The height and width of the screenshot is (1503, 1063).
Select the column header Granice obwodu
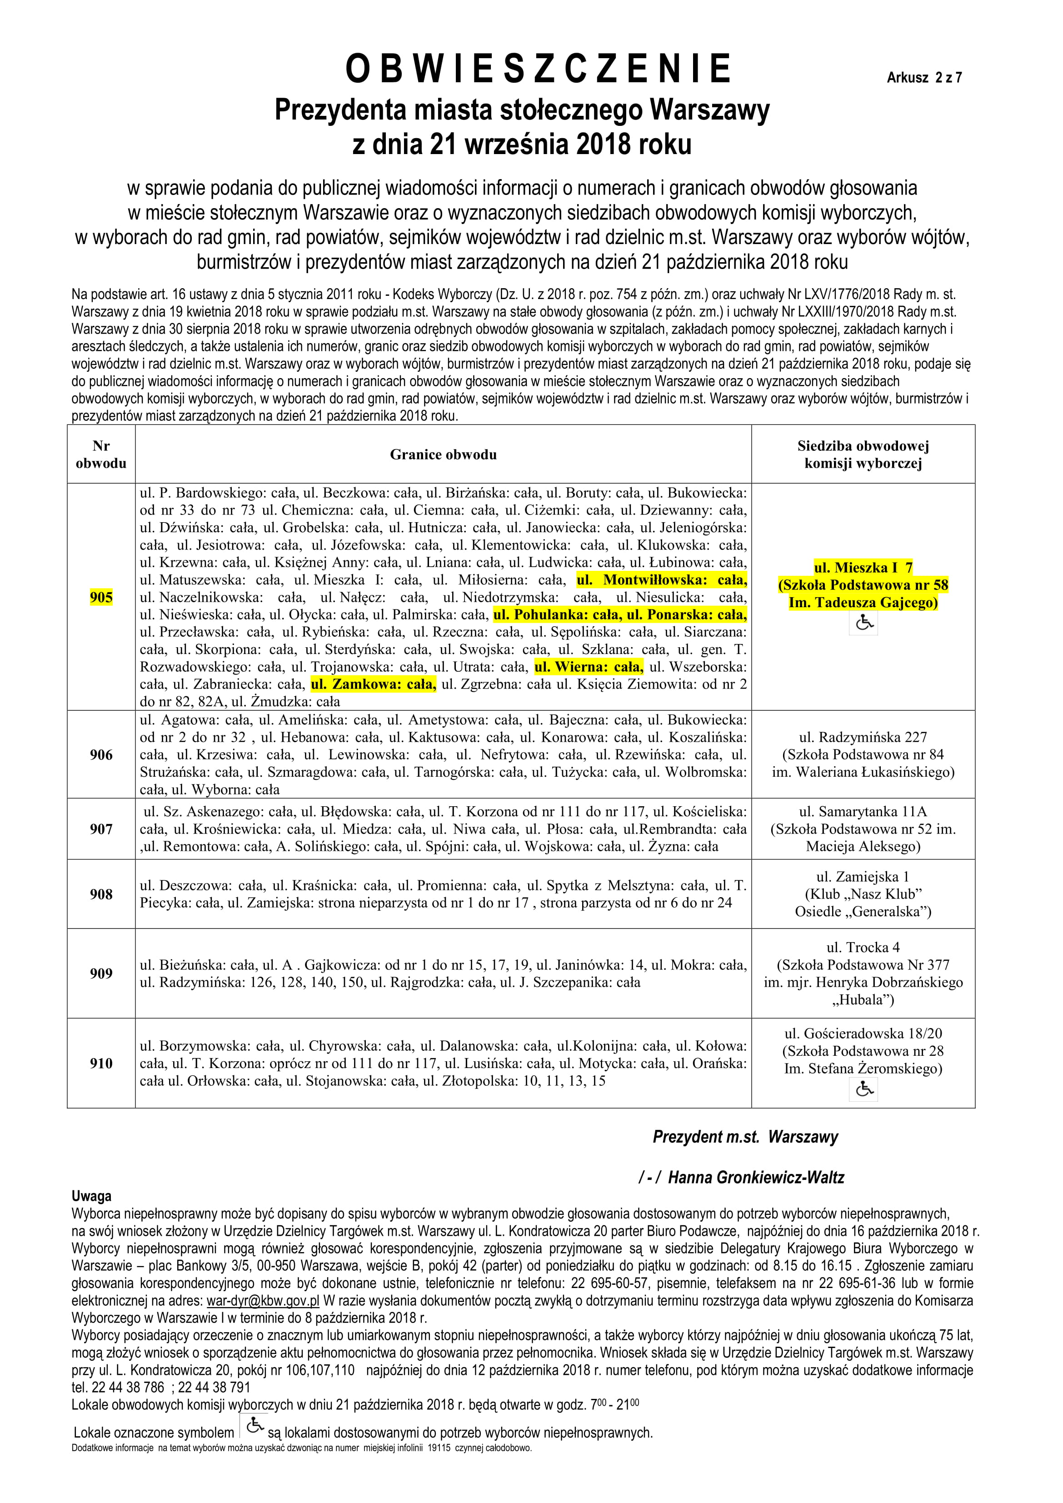pyautogui.click(x=443, y=454)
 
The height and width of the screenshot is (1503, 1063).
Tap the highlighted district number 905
pyautogui.click(x=101, y=597)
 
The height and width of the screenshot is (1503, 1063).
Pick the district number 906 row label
pyautogui.click(x=101, y=755)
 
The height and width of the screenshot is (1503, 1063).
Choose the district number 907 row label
pyautogui.click(x=101, y=829)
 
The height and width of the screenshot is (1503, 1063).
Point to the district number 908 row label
pyautogui.click(x=101, y=894)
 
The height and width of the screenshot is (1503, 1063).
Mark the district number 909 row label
pyautogui.click(x=101, y=974)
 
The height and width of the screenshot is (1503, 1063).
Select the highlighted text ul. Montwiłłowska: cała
pyautogui.click(x=661, y=580)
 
